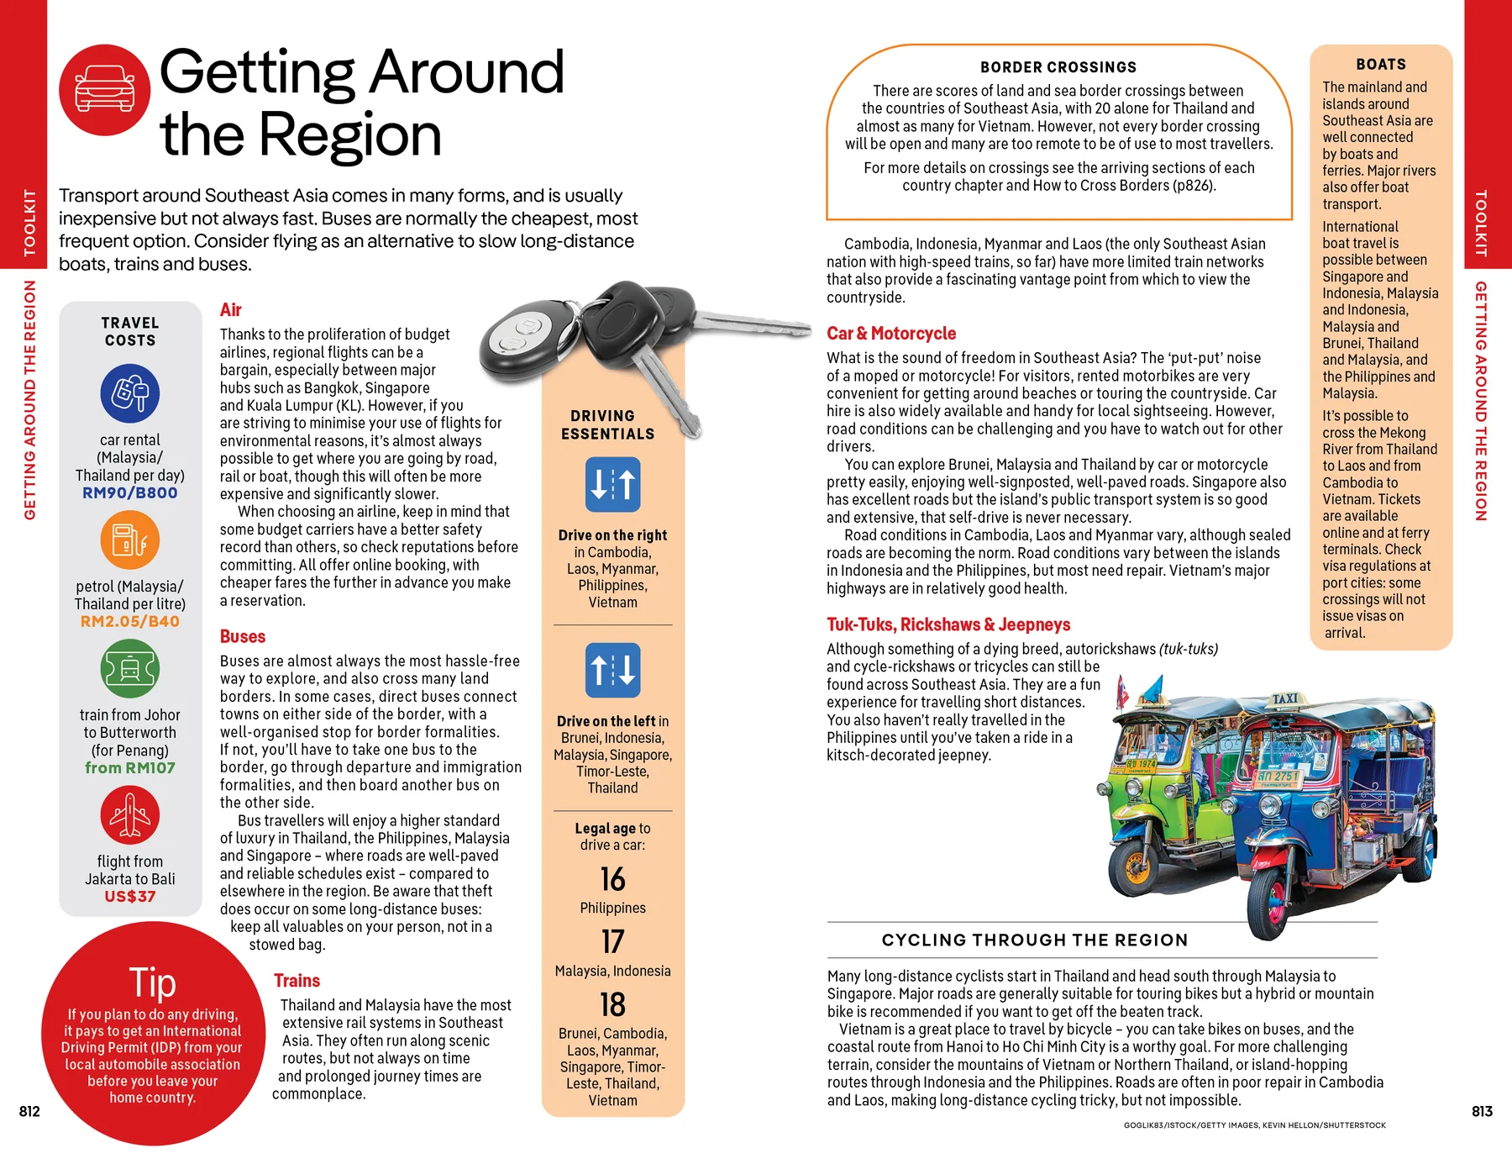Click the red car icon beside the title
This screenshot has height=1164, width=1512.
105,90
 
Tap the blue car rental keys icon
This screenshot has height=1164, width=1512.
130,393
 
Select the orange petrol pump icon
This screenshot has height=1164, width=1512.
130,540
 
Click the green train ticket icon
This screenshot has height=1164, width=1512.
130,669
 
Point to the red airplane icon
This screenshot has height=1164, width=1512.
130,815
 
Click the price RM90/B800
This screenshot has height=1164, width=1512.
130,493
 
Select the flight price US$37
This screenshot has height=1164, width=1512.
130,897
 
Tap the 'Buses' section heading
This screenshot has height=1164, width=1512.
243,637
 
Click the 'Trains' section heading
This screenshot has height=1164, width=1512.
297,981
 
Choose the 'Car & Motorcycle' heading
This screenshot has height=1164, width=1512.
891,334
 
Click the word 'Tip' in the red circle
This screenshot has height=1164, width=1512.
152,982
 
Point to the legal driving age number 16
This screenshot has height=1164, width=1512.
612,880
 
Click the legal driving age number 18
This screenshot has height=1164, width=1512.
612,1005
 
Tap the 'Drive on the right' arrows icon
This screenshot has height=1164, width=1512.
612,485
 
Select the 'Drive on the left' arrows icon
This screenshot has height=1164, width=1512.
612,671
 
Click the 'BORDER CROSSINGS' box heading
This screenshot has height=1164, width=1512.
1058,67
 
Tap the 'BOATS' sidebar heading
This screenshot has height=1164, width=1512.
1381,65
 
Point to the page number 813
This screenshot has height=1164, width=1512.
1482,1112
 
